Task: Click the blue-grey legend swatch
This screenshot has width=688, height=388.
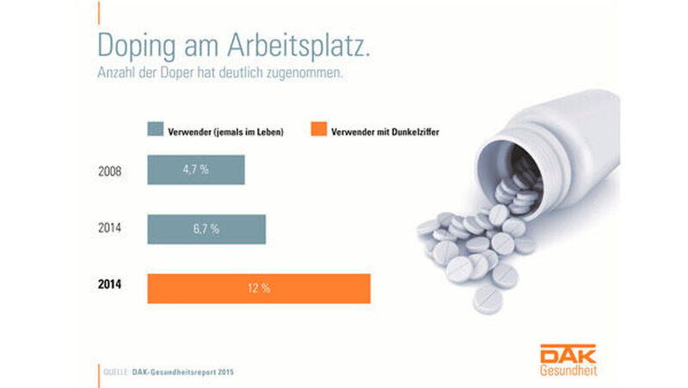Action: pos(155,131)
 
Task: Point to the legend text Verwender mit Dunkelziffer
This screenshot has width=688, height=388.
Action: pos(386,132)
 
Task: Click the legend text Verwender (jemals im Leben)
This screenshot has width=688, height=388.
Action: pos(224,132)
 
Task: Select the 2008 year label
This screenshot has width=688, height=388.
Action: pos(110,170)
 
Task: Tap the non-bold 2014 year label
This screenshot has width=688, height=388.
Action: pos(110,229)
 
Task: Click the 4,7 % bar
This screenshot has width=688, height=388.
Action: pos(196,170)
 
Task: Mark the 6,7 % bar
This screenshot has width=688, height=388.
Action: pos(206,229)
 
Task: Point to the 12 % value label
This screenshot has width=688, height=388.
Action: pos(259,288)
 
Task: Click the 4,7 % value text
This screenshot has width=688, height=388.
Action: pos(196,170)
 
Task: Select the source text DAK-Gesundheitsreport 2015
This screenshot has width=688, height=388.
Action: pos(183,372)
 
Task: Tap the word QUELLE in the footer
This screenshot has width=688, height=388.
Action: pos(115,372)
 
